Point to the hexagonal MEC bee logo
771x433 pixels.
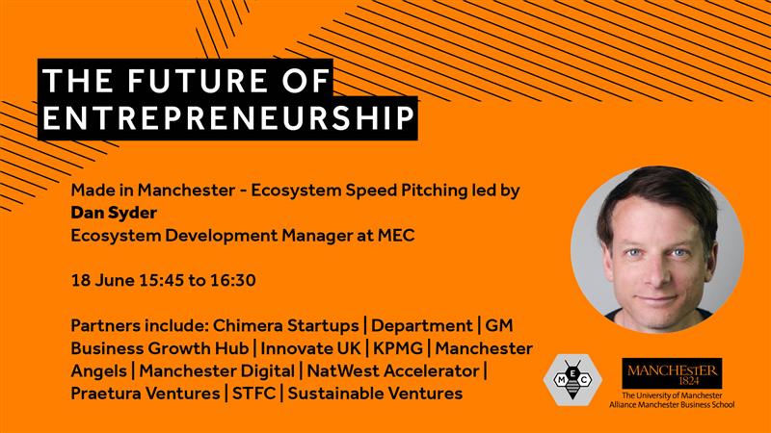(572, 378)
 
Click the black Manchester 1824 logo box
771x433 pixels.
(672, 373)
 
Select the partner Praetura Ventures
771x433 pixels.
(145, 394)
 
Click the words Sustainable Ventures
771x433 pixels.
(376, 394)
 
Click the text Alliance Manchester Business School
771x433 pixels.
(672, 405)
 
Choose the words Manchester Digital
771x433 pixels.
(223, 370)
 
